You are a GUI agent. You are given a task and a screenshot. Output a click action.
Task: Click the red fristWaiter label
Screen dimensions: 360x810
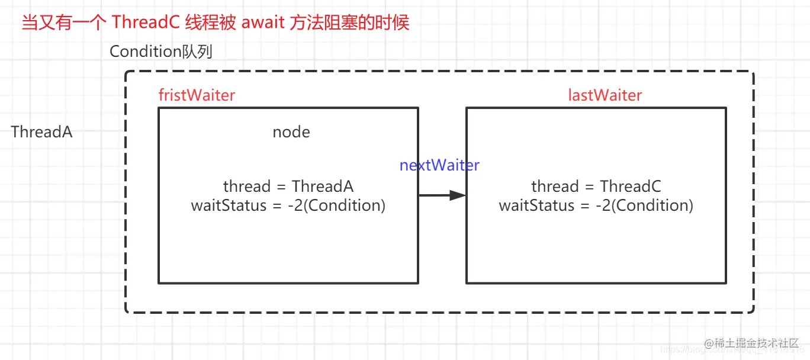197,95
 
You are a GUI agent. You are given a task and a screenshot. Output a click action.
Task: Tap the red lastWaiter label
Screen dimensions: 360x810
605,95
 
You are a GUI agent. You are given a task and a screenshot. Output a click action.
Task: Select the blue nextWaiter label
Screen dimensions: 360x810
439,165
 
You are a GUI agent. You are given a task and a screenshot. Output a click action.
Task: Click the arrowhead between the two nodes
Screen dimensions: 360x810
457,195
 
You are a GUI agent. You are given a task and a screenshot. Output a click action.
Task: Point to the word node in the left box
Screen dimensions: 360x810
291,132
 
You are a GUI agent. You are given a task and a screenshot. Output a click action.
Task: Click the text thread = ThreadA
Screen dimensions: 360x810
288,187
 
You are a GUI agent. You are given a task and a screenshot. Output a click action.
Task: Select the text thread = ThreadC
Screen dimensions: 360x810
596,187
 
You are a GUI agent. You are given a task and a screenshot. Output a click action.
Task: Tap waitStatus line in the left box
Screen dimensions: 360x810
288,205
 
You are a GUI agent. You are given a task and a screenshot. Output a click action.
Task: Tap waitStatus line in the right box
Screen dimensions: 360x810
596,205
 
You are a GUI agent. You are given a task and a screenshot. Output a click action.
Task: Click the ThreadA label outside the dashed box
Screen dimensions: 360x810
41,132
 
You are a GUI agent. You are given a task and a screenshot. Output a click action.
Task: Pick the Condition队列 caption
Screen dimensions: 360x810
161,52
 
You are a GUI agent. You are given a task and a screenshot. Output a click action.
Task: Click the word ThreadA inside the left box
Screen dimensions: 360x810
323,187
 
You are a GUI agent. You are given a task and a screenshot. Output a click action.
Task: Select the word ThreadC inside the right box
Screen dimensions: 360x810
631,187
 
